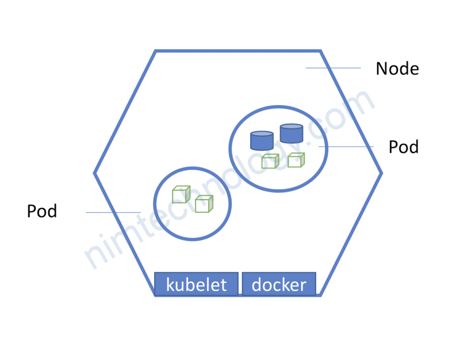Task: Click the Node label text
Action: (397, 69)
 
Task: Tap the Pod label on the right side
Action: (403, 147)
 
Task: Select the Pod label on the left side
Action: (42, 212)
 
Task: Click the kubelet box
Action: (197, 284)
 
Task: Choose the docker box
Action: (279, 284)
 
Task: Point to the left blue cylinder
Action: (262, 141)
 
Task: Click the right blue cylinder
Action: (292, 134)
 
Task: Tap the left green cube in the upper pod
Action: (270, 162)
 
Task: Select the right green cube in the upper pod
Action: (296, 160)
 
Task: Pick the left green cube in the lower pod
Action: (181, 195)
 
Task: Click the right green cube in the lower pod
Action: (204, 204)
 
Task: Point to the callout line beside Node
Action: (333, 68)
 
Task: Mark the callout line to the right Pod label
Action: (347, 147)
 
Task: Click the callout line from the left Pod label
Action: (113, 213)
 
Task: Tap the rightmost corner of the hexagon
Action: (382, 173)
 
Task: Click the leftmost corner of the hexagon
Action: (95, 173)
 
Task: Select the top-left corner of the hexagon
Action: (156, 51)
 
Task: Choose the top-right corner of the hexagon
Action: (320, 51)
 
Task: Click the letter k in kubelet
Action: (171, 284)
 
